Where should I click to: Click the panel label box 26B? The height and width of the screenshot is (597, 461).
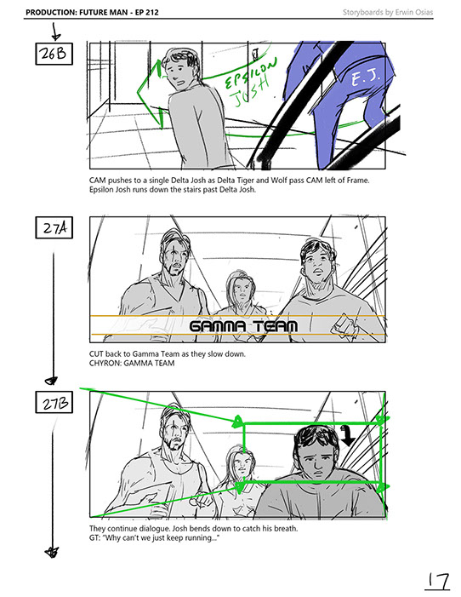coord(54,54)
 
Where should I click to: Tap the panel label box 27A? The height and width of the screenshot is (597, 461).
coord(54,227)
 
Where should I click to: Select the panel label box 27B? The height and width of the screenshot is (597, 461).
coord(54,402)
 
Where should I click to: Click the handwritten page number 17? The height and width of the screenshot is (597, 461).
coord(437,581)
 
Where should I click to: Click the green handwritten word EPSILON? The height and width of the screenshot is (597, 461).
coord(251,72)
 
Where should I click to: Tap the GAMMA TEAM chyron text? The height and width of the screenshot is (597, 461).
coord(243,326)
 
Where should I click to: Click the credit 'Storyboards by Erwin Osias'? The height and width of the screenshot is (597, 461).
coord(388,12)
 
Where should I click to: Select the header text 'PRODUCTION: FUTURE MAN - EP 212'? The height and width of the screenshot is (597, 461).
coord(92,12)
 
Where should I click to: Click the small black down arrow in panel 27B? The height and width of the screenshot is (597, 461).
coord(347,435)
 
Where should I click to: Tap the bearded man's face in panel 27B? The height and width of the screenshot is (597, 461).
coord(174,432)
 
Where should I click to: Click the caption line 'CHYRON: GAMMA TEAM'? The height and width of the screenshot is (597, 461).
coord(132,364)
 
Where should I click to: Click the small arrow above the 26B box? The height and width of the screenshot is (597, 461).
coord(55,32)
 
